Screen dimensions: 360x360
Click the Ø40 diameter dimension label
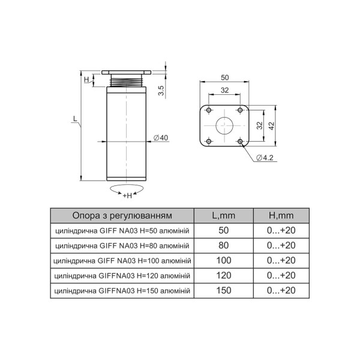click(161, 138)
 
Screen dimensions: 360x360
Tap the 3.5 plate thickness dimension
click(161, 91)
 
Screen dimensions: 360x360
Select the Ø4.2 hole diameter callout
click(265, 158)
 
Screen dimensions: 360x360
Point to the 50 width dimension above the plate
click(225, 77)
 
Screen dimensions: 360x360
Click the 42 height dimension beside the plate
click(271, 126)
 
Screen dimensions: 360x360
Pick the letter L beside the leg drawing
click(75, 118)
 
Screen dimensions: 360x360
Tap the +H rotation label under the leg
click(127, 196)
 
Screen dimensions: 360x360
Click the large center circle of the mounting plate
click(224, 125)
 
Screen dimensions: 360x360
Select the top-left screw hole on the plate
click(209, 110)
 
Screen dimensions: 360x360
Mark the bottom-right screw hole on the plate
click(240, 141)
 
